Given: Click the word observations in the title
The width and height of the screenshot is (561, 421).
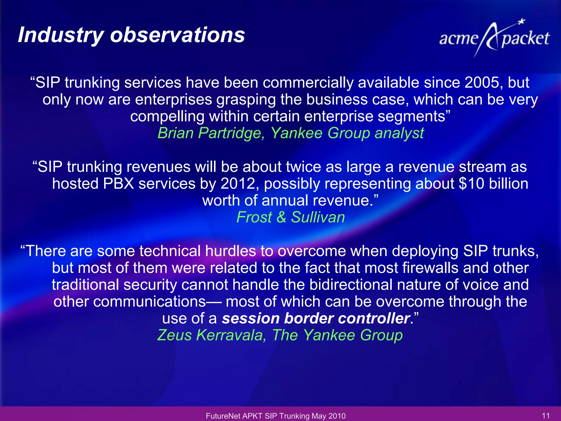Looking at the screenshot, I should [178, 35].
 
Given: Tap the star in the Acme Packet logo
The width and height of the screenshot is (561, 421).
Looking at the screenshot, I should [522, 22].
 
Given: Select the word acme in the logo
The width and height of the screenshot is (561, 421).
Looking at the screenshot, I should [459, 39].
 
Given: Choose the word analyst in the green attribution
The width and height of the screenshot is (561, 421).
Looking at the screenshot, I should [399, 133].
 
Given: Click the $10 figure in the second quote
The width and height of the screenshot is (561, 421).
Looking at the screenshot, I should [471, 184].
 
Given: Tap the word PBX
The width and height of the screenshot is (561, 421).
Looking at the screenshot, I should [118, 184].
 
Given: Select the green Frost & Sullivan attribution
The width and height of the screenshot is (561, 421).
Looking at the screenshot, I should [290, 217].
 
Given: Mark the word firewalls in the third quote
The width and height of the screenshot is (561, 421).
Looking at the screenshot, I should [430, 268].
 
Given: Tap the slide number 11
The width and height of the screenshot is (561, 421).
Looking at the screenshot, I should [546, 416].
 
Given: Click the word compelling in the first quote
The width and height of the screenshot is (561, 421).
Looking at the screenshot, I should [167, 116].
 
